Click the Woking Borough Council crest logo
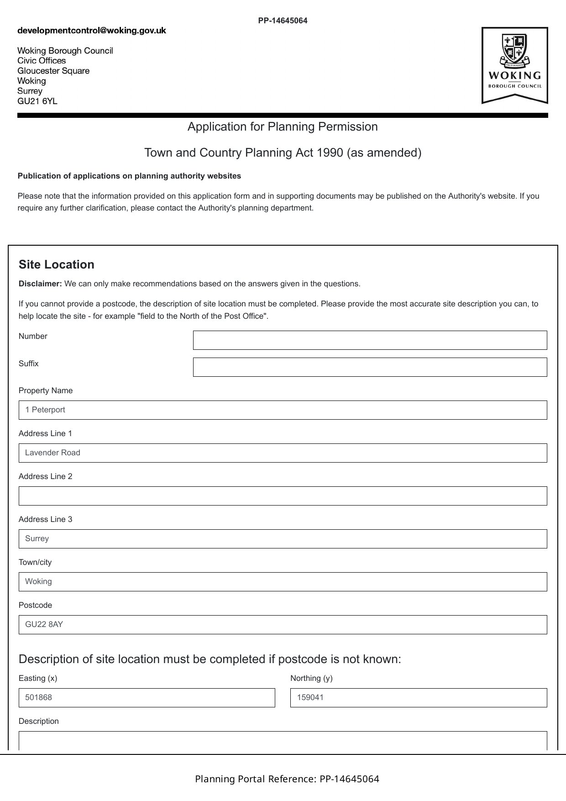tap(514, 65)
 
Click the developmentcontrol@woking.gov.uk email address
tap(92, 31)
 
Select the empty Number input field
tap(370, 340)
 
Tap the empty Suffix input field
tap(370, 367)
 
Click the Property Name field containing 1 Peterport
tap(283, 410)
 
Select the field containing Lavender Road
tap(283, 453)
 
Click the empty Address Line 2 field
tap(283, 496)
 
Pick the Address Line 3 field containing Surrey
tap(283, 539)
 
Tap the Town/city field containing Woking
tap(283, 582)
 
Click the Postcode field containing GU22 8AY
tap(283, 625)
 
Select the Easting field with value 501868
tap(147, 698)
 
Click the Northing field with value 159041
tap(418, 698)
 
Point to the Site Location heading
tap(57, 265)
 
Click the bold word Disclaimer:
tap(40, 284)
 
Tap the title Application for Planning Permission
tap(283, 126)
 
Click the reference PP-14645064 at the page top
tap(283, 21)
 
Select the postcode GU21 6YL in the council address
tap(37, 101)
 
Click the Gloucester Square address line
tap(53, 71)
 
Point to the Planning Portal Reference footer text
tap(287, 779)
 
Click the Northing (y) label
tap(311, 678)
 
